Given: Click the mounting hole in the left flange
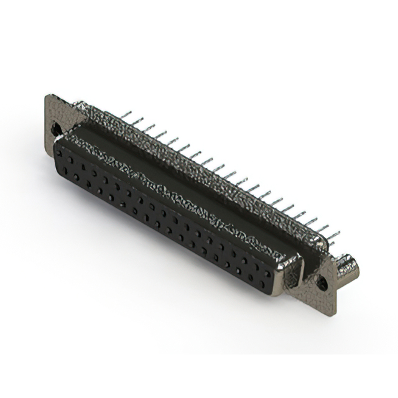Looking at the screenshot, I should [56, 129].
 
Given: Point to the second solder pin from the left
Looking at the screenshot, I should [137, 120].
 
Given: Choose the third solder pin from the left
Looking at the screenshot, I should [149, 127].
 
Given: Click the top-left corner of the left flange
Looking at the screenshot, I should [48, 95].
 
